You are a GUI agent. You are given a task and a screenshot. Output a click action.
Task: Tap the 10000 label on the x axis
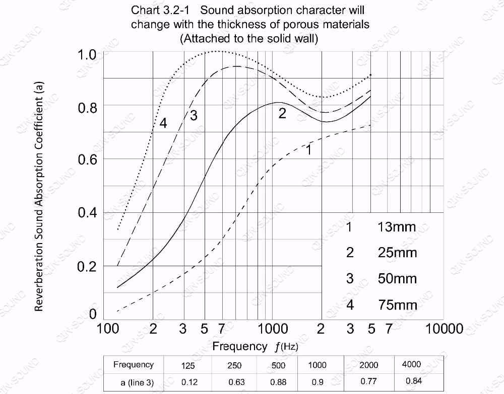tap(444, 329)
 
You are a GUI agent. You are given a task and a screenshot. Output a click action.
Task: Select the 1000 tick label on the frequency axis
tap(273, 329)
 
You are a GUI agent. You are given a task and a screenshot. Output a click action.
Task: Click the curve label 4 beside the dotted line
tap(163, 123)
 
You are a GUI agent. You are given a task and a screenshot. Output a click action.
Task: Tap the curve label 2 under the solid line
tap(282, 114)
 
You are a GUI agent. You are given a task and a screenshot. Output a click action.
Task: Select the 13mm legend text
tap(397, 227)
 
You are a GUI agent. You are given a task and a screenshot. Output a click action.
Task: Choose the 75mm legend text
tap(397, 305)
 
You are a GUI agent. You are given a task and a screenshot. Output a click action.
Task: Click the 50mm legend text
tap(397, 279)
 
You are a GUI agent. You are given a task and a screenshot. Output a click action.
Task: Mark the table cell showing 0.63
tap(234, 382)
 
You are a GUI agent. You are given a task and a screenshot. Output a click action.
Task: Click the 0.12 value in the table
tap(190, 382)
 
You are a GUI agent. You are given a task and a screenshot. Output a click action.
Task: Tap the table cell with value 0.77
tap(368, 381)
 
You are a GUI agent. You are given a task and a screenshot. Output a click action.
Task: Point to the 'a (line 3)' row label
tap(137, 382)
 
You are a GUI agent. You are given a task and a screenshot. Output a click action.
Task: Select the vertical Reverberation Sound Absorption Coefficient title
tap(40, 197)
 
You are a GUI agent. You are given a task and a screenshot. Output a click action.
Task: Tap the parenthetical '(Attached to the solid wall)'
tap(248, 39)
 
